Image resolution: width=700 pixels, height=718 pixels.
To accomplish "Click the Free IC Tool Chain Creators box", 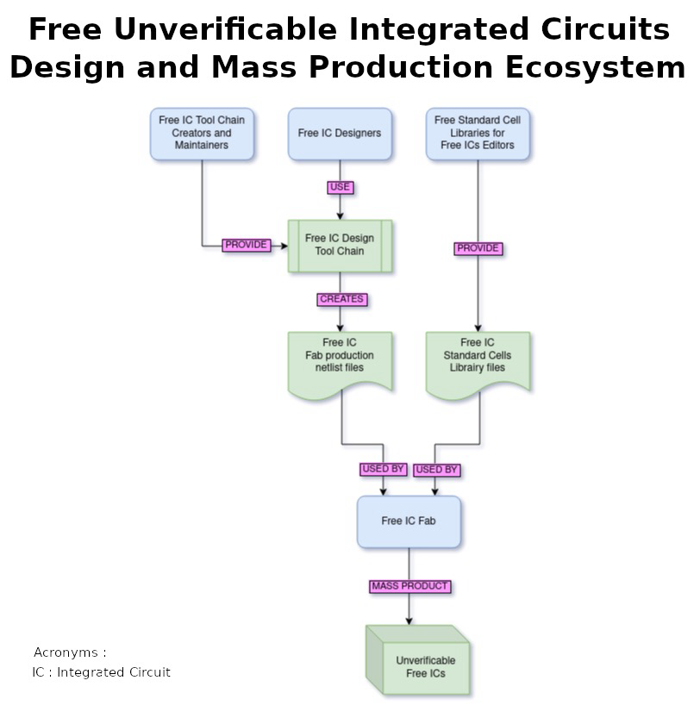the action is click(202, 134).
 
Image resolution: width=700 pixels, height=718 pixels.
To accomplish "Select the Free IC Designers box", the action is click(340, 134).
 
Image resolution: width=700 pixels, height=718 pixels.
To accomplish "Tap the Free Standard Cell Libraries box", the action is click(478, 134).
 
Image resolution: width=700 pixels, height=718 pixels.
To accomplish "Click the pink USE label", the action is click(340, 187).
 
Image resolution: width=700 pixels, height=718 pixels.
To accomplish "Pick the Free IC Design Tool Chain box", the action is click(340, 247).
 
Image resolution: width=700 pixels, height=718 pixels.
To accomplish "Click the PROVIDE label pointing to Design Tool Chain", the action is click(247, 245).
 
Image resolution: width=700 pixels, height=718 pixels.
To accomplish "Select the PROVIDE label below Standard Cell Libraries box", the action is click(478, 248).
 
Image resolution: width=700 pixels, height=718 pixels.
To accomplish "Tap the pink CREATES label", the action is click(341, 299).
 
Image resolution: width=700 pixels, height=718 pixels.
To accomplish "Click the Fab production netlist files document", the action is click(340, 365).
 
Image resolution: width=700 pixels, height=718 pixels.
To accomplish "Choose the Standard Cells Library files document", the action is click(478, 365).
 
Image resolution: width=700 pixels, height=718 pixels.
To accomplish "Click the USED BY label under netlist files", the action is click(383, 470).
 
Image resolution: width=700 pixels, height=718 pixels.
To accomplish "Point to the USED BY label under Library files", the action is click(436, 471).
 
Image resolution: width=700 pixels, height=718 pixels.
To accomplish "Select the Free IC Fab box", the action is click(409, 521).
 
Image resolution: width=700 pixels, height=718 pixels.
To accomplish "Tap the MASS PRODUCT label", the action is click(410, 587).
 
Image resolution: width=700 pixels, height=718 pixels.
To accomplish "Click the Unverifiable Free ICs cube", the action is click(418, 660).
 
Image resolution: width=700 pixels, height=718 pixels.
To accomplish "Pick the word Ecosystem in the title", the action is click(595, 67).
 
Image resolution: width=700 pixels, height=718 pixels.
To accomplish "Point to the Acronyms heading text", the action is click(70, 652).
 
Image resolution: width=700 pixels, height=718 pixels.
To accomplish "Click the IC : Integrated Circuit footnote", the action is click(101, 672).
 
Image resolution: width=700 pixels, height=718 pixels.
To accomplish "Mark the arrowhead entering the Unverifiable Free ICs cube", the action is click(409, 621).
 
